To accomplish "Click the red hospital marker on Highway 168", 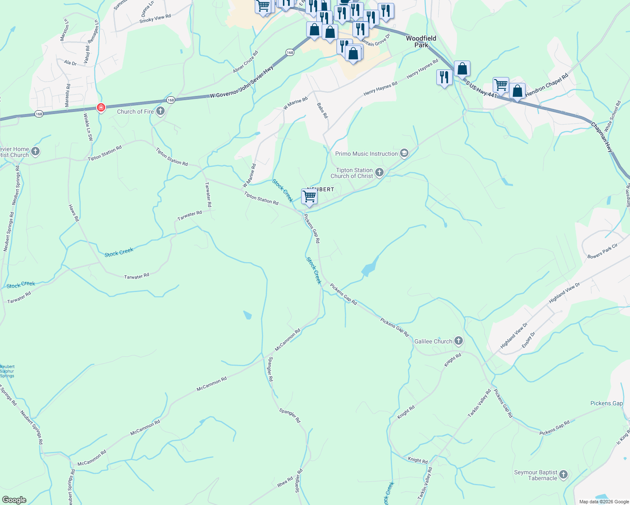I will pos(101,108).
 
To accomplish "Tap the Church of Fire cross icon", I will pos(160,112).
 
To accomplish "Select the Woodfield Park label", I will pos(421,42).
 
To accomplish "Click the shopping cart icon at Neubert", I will pos(309,197).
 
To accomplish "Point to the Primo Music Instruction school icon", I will pos(404,154).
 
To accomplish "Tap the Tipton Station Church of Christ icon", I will pos(379,173).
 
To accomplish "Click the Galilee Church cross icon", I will pos(459,341).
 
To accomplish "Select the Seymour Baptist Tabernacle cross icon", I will pos(563,475).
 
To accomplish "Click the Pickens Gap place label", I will pos(606,403).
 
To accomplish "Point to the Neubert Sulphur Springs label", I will pos(7,371).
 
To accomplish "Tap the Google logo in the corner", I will pos(14,500).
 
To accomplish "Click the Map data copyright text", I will pos(604,502).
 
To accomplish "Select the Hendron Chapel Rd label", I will pos(547,85).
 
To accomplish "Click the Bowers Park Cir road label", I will pos(602,251).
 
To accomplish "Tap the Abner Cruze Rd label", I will pos(246,62).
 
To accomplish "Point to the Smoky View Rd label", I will pos(155,19).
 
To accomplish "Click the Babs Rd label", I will pos(322,110).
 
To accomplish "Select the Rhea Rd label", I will pos(285,482).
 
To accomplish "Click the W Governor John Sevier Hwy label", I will pos(242,82).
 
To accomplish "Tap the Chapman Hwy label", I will pos(602,137).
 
